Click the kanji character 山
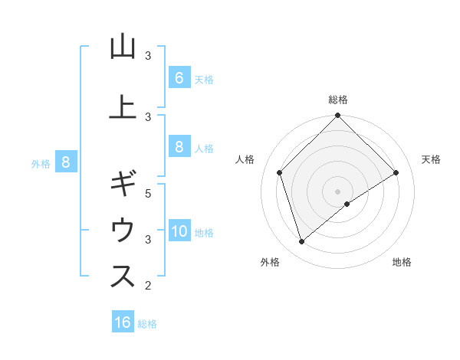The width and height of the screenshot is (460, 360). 123,47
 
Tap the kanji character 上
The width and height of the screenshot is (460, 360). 123,106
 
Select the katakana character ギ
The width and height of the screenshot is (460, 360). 123,185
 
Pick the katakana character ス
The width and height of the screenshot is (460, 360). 123,276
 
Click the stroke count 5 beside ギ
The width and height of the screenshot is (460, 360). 149,194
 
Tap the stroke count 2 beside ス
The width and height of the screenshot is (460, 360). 149,286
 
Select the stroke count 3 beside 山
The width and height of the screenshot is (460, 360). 149,56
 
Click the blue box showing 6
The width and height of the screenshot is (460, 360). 179,77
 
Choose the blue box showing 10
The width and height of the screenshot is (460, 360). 179,231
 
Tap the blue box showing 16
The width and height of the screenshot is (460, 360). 123,322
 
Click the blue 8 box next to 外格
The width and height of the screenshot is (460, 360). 66,162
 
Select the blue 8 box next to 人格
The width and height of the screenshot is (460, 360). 179,147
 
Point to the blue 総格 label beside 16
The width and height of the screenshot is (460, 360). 147,324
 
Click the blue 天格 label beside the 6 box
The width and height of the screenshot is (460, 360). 204,79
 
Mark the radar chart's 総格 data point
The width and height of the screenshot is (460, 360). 337,116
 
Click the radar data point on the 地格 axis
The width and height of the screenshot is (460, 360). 347,204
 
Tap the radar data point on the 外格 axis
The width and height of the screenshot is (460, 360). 302,242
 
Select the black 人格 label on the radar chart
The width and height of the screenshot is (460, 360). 245,159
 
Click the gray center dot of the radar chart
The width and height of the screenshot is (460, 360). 337,191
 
